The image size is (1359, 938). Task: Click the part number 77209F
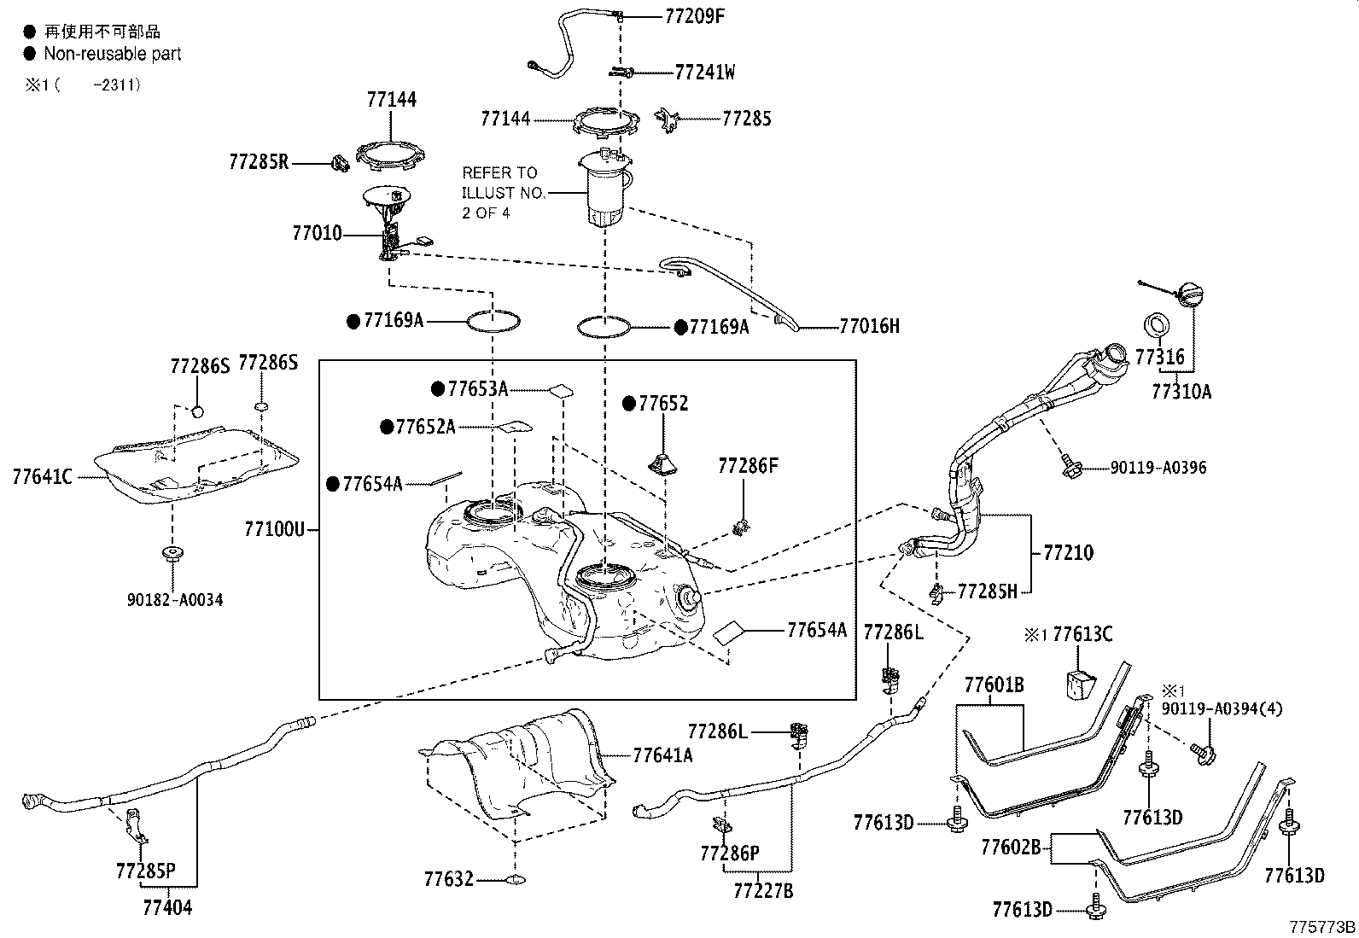click(x=695, y=15)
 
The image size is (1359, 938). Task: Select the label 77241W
click(x=704, y=72)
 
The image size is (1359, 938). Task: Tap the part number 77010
click(x=317, y=232)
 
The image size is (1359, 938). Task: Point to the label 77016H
click(x=869, y=326)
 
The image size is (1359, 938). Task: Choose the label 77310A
click(x=1181, y=392)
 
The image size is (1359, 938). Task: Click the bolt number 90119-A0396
click(x=1158, y=468)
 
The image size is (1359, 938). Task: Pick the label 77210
click(x=1068, y=552)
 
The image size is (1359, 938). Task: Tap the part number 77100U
click(x=274, y=530)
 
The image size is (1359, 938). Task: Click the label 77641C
click(x=42, y=476)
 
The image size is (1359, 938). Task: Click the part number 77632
click(x=448, y=878)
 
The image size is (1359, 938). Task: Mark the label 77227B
click(x=763, y=891)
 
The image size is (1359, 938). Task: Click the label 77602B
click(x=1011, y=848)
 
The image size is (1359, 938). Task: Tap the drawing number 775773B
click(x=1322, y=928)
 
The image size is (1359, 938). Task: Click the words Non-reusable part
click(x=113, y=54)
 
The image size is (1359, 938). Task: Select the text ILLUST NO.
click(x=503, y=193)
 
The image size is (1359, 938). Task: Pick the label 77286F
click(x=748, y=465)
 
